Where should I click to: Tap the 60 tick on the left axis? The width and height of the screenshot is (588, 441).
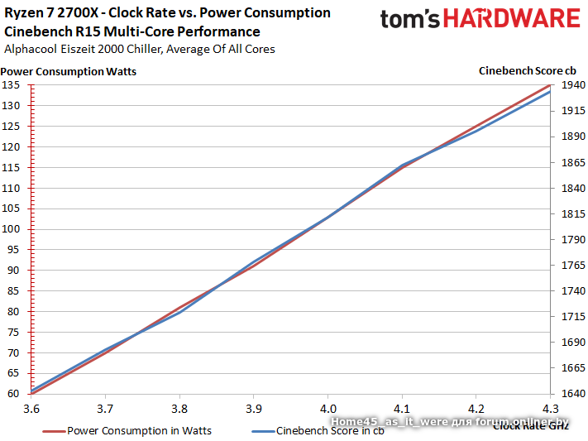coord(14,394)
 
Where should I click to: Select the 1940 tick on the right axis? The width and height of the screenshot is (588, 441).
coord(571,85)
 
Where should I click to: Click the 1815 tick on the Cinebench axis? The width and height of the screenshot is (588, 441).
coord(571,214)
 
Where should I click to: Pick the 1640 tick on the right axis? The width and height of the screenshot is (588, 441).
coord(571,394)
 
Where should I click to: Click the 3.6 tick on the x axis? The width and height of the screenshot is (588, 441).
coord(31,409)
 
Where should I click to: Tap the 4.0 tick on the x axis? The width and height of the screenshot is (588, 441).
coord(327,409)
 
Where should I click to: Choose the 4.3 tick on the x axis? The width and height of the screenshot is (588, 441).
coord(550,409)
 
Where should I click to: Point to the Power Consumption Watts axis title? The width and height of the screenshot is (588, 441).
coord(69,71)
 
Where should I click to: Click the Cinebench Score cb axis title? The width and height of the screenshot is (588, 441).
coord(528,70)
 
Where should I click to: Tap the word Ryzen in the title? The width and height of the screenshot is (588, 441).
coord(23,13)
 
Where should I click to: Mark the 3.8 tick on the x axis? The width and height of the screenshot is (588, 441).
coord(179,409)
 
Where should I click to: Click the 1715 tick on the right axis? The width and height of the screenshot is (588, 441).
coord(571,317)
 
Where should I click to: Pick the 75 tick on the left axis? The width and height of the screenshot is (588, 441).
coord(14,332)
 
